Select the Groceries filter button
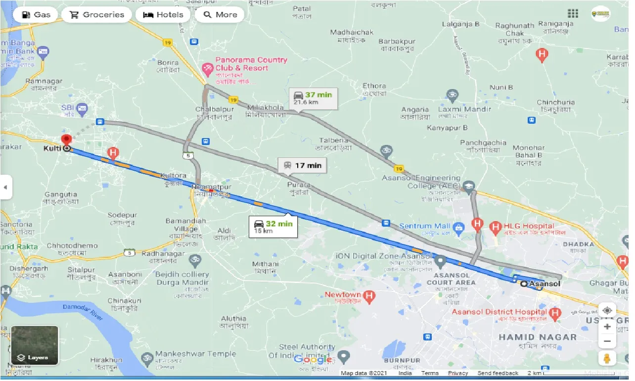(96, 14)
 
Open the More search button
(220, 14)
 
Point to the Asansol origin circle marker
(524, 284)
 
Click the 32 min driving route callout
(273, 227)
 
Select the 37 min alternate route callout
(313, 98)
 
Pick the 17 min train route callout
(302, 165)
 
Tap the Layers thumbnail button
(35, 345)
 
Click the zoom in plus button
(607, 327)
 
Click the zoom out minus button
(607, 341)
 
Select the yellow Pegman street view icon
(607, 358)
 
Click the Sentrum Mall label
(423, 226)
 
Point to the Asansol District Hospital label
(499, 312)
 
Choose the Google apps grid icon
(573, 13)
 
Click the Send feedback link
(498, 373)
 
